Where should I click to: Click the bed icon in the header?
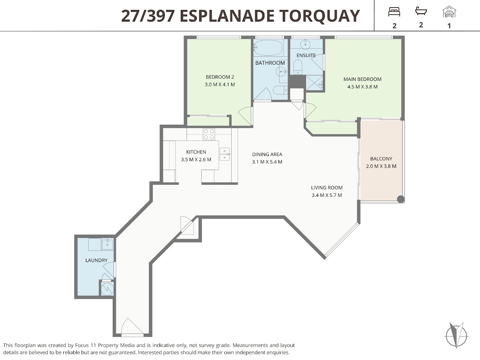(x=394, y=12)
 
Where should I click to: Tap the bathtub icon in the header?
(x=421, y=11)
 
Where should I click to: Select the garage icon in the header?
(x=449, y=12)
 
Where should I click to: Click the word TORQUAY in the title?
(x=320, y=16)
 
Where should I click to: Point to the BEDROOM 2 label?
(x=220, y=77)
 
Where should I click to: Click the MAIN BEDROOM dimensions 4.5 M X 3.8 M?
(x=362, y=87)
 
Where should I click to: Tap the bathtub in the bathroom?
(x=268, y=48)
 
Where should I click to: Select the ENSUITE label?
(x=306, y=56)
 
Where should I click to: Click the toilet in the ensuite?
(x=298, y=67)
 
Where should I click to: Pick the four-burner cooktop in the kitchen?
(x=209, y=134)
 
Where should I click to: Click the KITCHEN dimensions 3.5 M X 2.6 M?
(x=196, y=160)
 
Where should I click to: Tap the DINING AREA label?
(x=267, y=154)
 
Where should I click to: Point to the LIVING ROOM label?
(x=327, y=188)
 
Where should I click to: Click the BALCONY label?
(x=381, y=159)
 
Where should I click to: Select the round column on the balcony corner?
(x=401, y=199)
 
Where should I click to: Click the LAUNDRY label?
(x=96, y=260)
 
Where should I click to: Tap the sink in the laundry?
(x=107, y=244)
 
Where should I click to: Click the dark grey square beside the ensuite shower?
(x=298, y=82)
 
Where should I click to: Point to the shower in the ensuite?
(x=314, y=83)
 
